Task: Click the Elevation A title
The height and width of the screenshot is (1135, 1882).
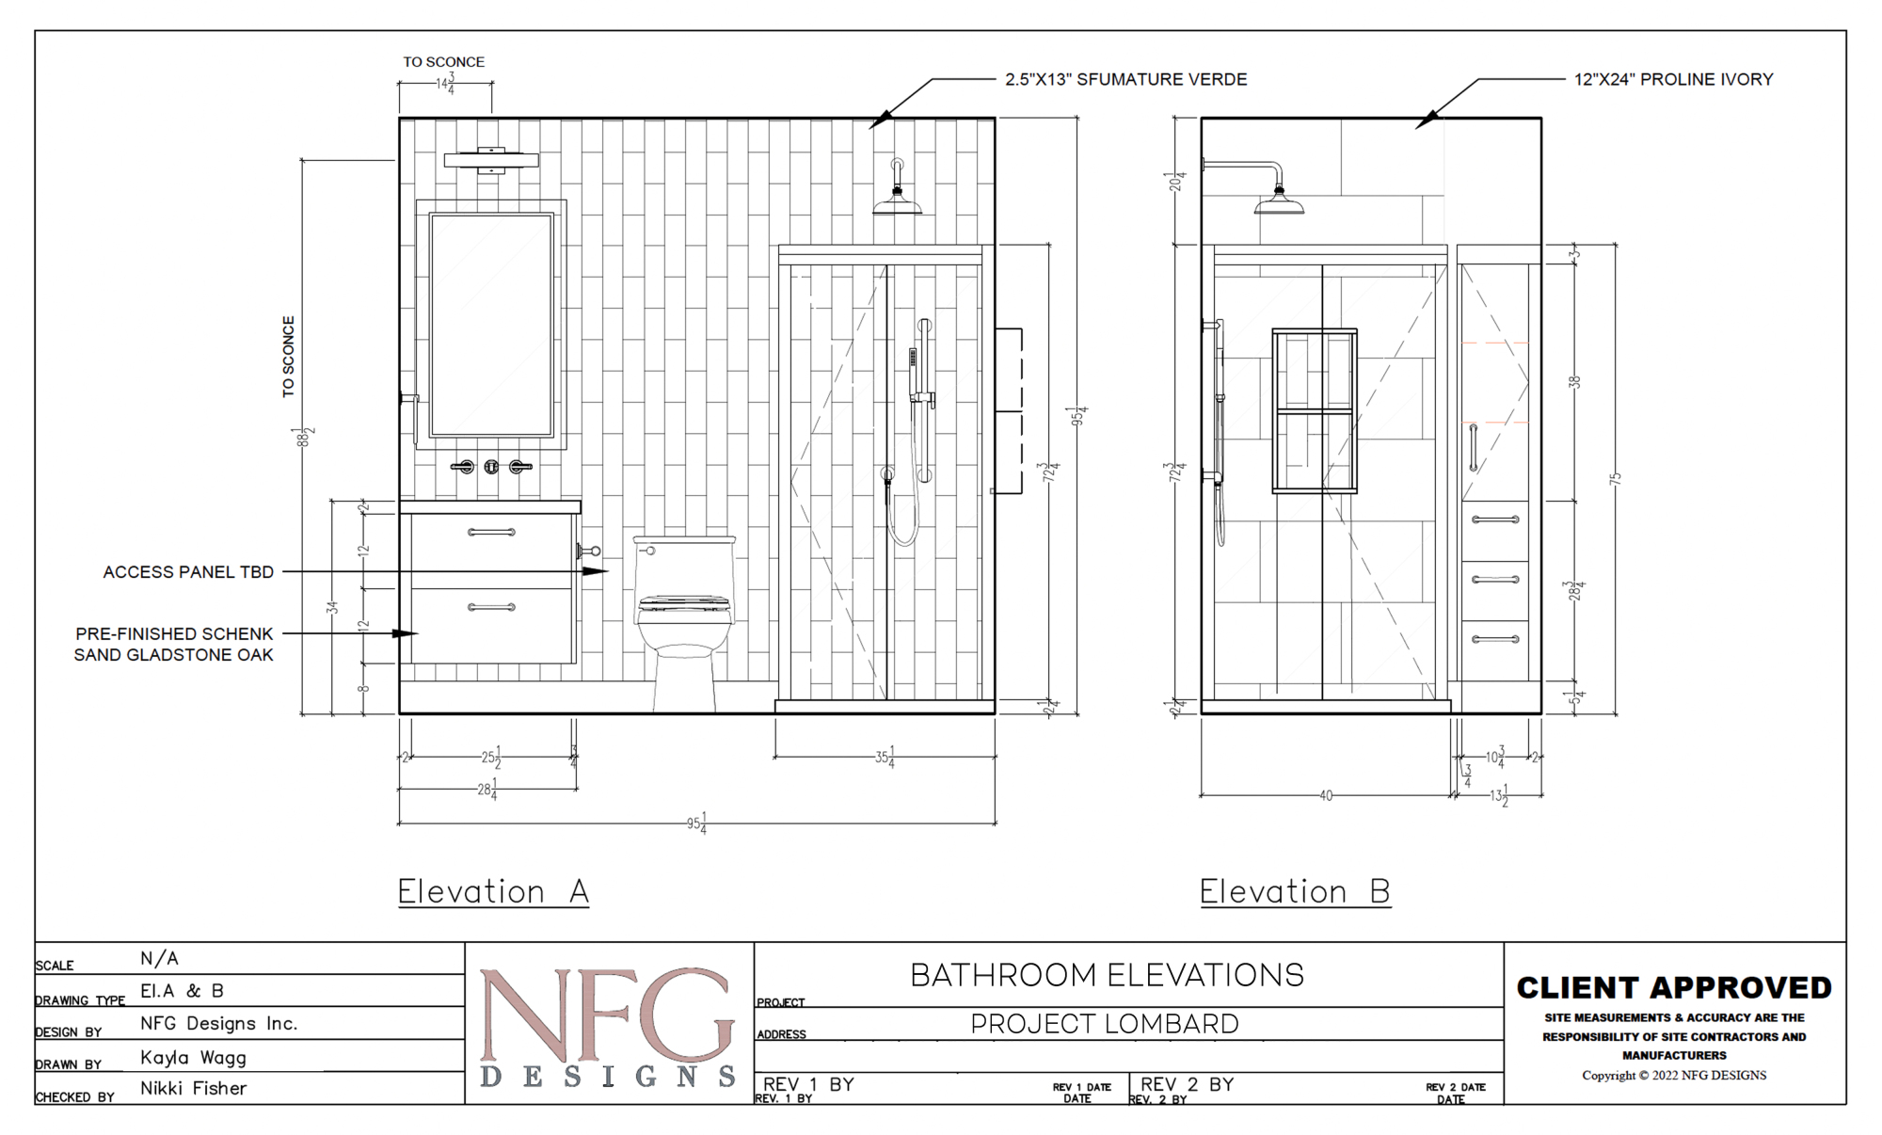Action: (x=493, y=891)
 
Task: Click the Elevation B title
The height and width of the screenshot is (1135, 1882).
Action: (x=1295, y=891)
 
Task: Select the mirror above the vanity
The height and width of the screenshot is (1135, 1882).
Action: (x=491, y=325)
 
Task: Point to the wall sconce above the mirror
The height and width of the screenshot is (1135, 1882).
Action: (x=491, y=160)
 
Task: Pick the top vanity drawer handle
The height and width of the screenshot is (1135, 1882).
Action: (x=491, y=533)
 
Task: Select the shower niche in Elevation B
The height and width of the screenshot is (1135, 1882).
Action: (x=1315, y=410)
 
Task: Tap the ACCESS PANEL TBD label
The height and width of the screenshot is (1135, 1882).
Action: (x=188, y=572)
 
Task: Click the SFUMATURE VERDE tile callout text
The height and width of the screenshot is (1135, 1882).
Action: (x=1125, y=80)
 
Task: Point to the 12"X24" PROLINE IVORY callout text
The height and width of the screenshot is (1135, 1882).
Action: (x=1673, y=80)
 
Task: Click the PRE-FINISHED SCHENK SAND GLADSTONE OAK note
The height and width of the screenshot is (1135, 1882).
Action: (x=174, y=645)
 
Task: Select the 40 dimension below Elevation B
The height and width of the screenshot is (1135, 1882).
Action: (x=1326, y=796)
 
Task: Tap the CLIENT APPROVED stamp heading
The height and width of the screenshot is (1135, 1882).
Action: (x=1674, y=987)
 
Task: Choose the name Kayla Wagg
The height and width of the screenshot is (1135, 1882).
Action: (x=194, y=1058)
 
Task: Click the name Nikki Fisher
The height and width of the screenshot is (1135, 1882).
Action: (x=194, y=1088)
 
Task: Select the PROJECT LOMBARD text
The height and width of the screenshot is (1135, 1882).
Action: (x=1105, y=1024)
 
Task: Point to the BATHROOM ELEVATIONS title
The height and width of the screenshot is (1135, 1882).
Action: (x=1107, y=975)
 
